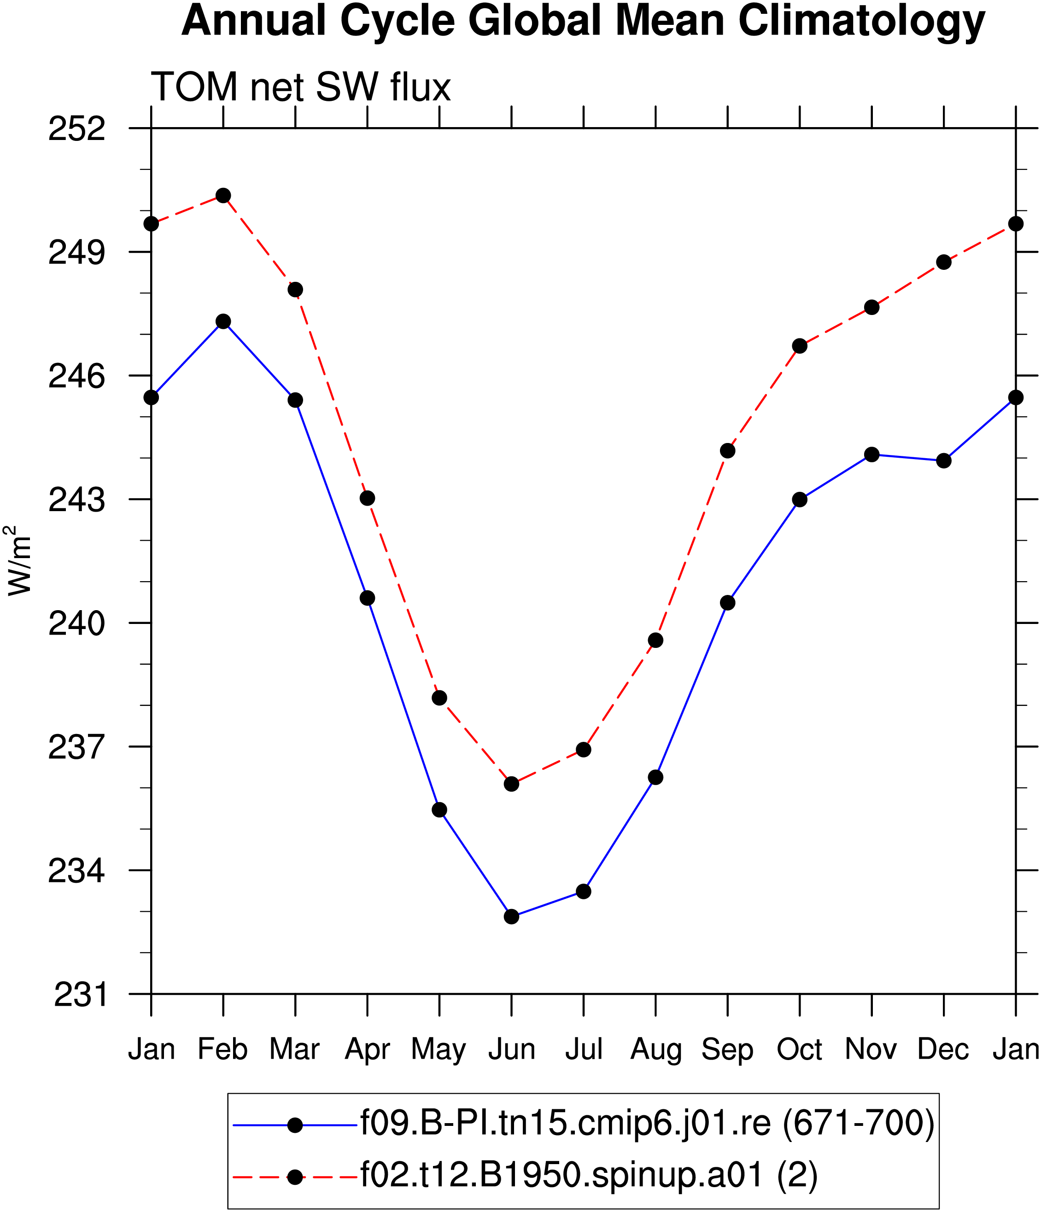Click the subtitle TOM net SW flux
[x=301, y=88]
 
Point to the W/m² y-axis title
[x=18, y=560]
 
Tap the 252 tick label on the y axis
[x=76, y=128]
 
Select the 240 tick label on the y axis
[x=76, y=623]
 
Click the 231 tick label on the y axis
[x=80, y=994]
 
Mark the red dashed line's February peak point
[x=223, y=195]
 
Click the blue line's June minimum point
[x=511, y=917]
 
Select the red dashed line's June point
[x=511, y=784]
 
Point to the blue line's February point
[x=223, y=322]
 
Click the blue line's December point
[x=944, y=461]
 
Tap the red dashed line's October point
[x=800, y=346]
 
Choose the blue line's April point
[x=368, y=598]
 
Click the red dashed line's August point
[x=656, y=641]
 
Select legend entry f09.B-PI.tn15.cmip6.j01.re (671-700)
[x=647, y=1124]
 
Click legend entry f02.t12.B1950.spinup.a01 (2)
[x=588, y=1176]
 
